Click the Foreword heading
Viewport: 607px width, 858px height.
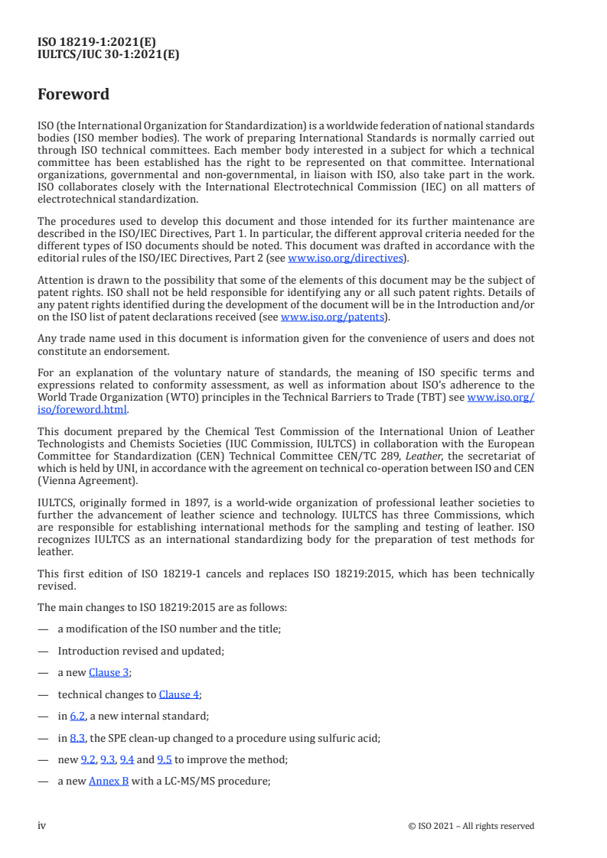(x=73, y=95)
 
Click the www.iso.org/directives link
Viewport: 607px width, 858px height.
(x=345, y=258)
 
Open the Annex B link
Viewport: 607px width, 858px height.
(x=109, y=782)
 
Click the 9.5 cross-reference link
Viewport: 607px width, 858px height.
(x=164, y=760)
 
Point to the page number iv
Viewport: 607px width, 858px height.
(x=42, y=826)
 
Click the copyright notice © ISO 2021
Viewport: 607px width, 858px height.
(x=481, y=826)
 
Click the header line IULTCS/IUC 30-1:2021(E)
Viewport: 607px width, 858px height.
(x=108, y=54)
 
